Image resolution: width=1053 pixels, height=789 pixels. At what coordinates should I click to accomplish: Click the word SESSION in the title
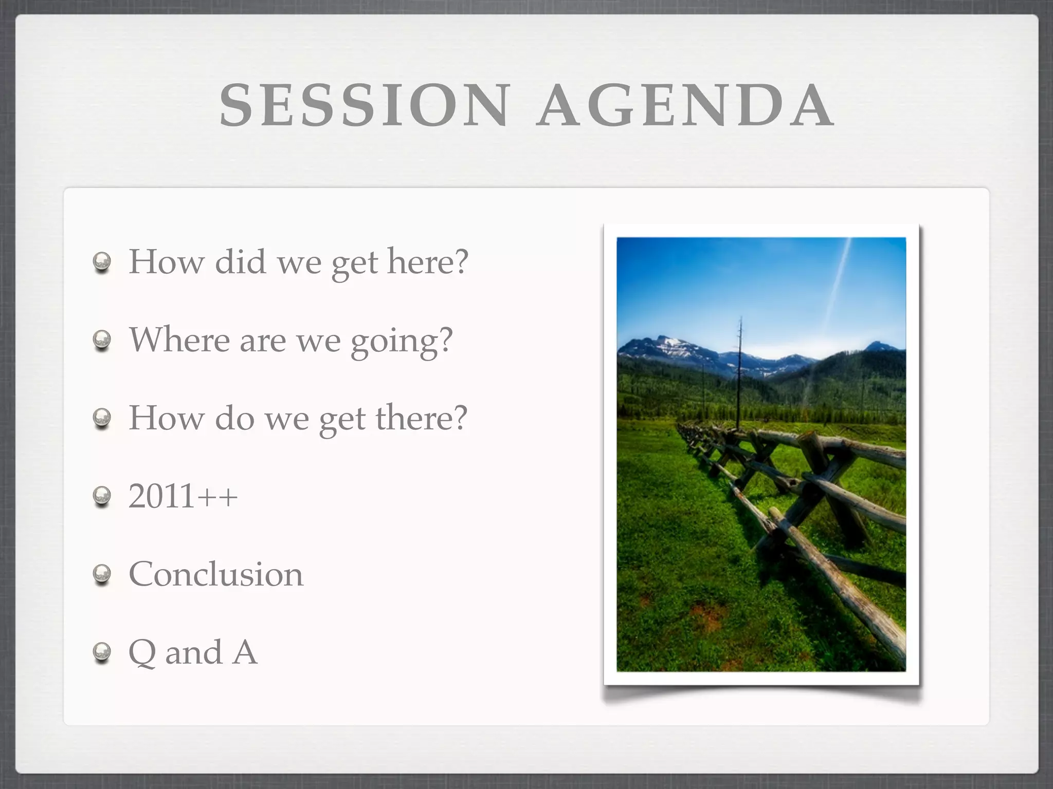tap(364, 105)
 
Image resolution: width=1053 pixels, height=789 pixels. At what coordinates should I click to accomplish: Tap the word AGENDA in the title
tap(684, 105)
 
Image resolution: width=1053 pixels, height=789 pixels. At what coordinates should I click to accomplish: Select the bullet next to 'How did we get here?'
tap(102, 262)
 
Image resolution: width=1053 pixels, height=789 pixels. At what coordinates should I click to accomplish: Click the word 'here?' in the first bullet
tap(428, 262)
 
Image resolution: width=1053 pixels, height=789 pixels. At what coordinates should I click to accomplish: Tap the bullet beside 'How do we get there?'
tap(102, 418)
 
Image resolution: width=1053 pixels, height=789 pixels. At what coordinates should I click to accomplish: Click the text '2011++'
tap(183, 496)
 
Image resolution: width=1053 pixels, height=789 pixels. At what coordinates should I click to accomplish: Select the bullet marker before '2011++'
tap(102, 496)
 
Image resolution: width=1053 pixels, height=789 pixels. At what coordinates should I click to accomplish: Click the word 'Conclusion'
tap(216, 574)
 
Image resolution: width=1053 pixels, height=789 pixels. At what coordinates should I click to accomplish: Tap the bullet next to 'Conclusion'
tap(102, 574)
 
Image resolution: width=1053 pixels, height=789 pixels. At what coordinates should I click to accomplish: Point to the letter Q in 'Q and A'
tap(142, 653)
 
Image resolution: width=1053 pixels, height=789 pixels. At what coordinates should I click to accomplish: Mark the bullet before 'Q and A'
tap(102, 652)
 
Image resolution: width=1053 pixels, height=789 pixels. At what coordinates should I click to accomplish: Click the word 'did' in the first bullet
tap(240, 262)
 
